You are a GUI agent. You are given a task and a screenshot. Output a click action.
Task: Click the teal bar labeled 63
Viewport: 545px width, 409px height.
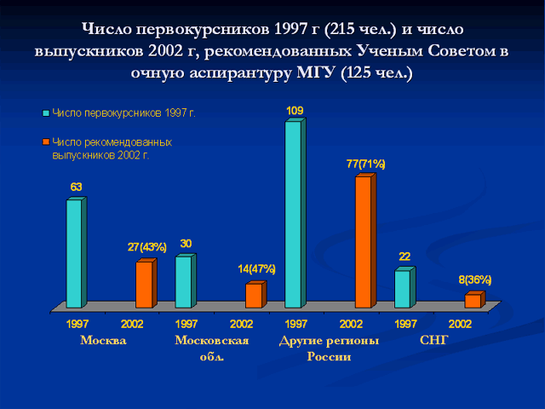pyautogui.click(x=77, y=252)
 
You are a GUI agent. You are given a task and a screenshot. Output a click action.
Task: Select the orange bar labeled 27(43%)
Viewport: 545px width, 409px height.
pyautogui.click(x=146, y=283)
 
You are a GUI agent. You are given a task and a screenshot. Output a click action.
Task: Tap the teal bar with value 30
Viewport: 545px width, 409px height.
pyautogui.click(x=186, y=281)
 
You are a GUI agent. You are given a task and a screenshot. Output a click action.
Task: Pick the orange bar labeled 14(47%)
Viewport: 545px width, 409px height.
pyautogui.click(x=255, y=295)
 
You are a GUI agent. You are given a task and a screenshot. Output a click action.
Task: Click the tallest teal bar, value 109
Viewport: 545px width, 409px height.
pyautogui.click(x=295, y=213)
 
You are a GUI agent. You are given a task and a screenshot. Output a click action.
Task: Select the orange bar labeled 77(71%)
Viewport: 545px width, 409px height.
pyautogui.click(x=365, y=240)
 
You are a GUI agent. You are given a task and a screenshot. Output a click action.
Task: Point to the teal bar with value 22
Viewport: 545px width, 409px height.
pyautogui.click(x=405, y=288)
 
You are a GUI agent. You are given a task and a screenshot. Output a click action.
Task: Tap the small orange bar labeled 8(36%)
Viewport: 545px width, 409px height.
pyautogui.click(x=475, y=300)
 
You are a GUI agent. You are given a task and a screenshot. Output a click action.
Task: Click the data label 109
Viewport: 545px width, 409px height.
pyautogui.click(x=295, y=111)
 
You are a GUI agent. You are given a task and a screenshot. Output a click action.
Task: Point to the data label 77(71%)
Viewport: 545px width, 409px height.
pyautogui.click(x=365, y=164)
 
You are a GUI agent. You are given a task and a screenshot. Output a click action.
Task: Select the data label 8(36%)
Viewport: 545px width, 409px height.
pyautogui.click(x=475, y=279)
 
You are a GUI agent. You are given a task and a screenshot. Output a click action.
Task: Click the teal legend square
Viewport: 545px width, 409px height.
pyautogui.click(x=45, y=113)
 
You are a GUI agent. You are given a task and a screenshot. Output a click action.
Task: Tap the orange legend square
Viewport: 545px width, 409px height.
pyautogui.click(x=45, y=142)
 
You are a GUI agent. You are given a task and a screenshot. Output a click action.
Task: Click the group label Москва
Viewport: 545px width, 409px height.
pyautogui.click(x=103, y=340)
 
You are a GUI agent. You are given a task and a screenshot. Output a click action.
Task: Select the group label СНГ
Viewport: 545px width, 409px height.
pyautogui.click(x=433, y=340)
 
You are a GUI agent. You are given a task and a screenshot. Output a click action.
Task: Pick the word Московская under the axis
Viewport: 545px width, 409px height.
pyautogui.click(x=212, y=340)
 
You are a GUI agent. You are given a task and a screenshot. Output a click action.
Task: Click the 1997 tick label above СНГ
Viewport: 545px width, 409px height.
pyautogui.click(x=405, y=324)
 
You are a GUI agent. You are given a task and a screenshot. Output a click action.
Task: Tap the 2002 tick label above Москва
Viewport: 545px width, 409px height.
pyautogui.click(x=132, y=324)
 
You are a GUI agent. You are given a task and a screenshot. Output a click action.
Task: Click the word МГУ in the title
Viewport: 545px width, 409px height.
pyautogui.click(x=316, y=72)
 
